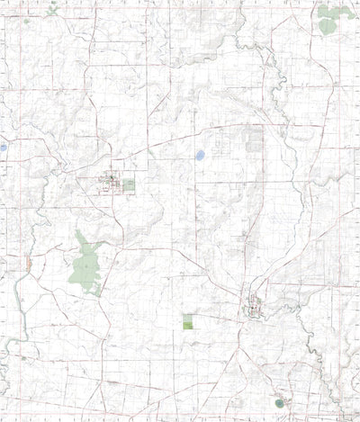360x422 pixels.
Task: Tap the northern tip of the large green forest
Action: click(x=80, y=232)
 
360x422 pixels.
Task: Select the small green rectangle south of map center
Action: click(x=187, y=321)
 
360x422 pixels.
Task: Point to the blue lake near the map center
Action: click(x=199, y=156)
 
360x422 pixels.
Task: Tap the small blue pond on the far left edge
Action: click(x=4, y=147)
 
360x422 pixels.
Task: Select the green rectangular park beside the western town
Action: click(x=128, y=184)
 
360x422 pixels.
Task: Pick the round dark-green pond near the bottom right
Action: click(x=278, y=402)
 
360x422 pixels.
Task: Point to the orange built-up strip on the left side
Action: click(x=30, y=264)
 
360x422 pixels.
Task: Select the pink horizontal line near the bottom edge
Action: click(x=180, y=394)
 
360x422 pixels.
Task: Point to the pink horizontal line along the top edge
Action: click(x=180, y=15)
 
